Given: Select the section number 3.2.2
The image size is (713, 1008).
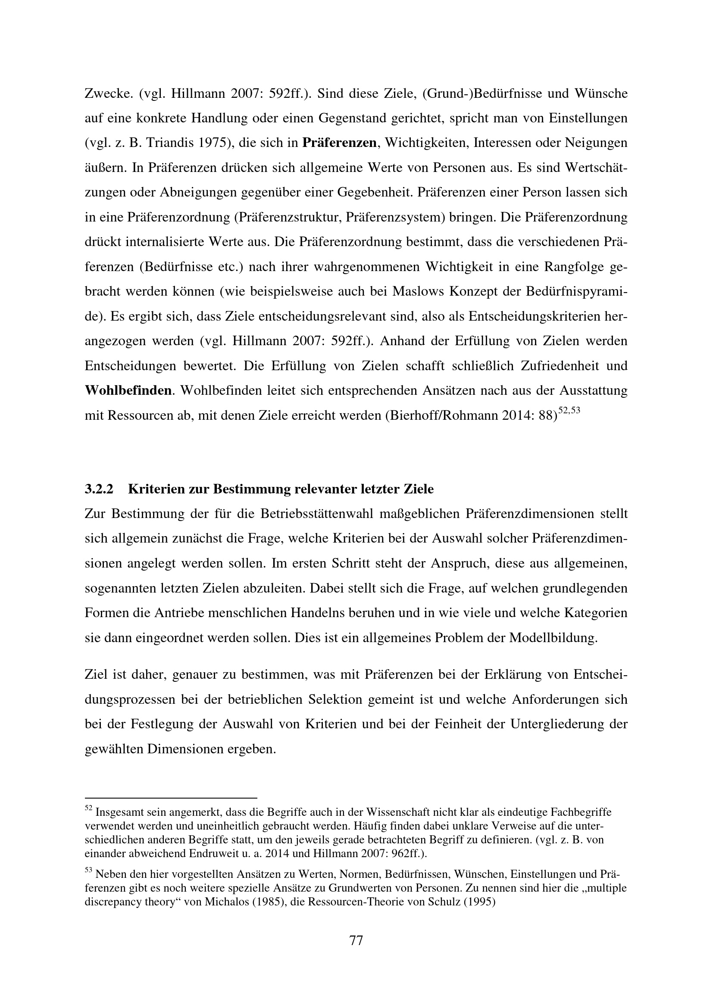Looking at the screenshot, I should [99, 489].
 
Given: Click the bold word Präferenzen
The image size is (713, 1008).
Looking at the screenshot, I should [339, 143].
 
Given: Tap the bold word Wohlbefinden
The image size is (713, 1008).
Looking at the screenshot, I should [128, 390].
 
